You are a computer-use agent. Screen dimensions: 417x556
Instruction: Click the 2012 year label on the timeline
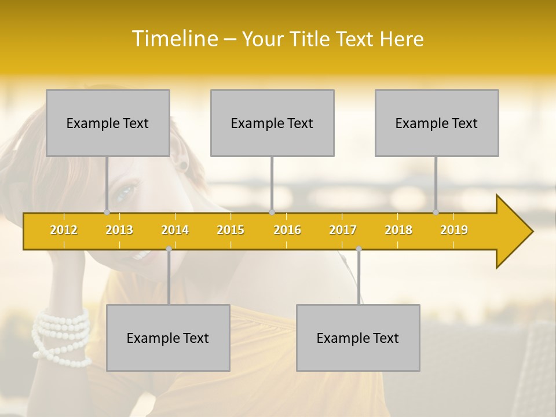click(64, 230)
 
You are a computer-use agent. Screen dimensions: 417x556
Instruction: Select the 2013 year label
click(119, 230)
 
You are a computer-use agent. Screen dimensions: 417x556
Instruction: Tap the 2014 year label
click(175, 230)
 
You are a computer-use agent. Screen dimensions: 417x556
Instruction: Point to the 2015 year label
click(231, 230)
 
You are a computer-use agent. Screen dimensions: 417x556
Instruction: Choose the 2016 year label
click(287, 230)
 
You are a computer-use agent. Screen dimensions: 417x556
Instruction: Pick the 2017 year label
click(343, 230)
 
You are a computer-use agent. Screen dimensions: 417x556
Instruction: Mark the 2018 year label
click(398, 230)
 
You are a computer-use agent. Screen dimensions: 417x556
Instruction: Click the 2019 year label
click(454, 230)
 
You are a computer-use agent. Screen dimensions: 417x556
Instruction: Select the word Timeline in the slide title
click(175, 39)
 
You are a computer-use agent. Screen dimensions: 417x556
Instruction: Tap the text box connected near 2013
click(108, 123)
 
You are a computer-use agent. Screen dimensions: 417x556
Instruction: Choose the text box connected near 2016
click(272, 123)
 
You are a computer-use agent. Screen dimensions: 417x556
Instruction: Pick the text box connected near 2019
click(437, 123)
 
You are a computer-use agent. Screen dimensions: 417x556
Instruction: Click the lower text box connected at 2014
click(168, 338)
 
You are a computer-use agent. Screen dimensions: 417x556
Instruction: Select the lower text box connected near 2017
click(358, 338)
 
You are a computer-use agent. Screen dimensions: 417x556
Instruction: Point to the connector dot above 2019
click(436, 212)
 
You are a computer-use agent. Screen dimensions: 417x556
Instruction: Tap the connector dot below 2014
click(169, 249)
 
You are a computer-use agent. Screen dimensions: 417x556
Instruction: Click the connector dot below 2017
click(359, 249)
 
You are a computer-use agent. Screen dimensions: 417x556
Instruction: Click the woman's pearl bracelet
click(61, 336)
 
